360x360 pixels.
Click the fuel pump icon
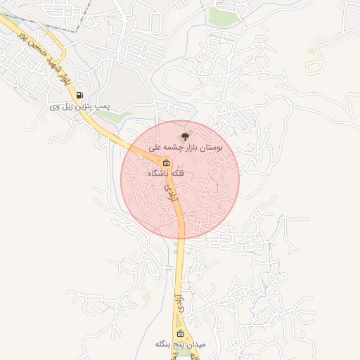(79, 96)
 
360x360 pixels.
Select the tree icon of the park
(185, 136)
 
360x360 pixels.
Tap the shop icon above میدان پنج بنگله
(180, 333)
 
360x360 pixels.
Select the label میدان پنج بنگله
(180, 345)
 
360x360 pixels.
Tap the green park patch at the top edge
(224, 16)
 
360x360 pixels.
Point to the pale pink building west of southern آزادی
(146, 298)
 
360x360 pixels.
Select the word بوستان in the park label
(211, 149)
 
